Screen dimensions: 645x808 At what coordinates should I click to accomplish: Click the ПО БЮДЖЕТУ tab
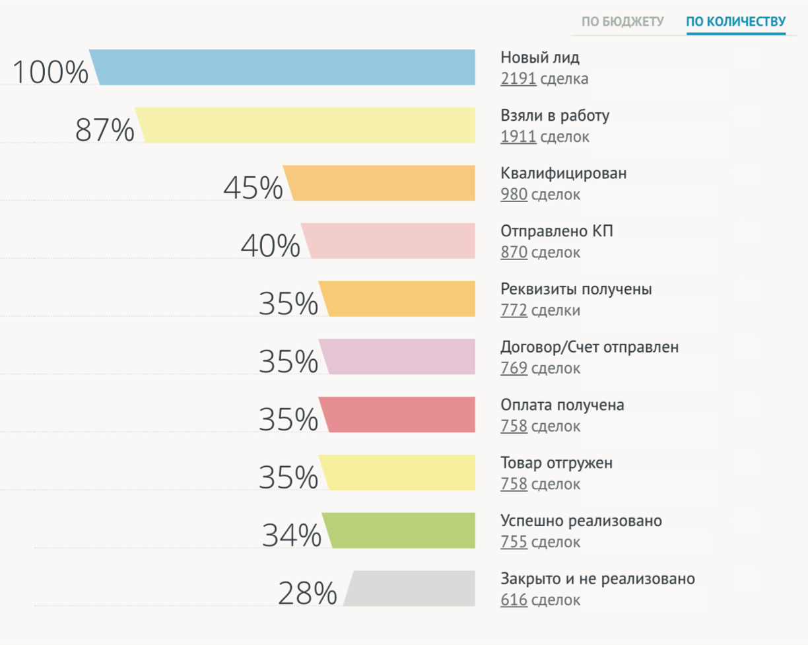point(623,22)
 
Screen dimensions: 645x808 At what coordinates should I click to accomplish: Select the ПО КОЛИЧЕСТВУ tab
point(736,22)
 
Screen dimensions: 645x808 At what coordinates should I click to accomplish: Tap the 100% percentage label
point(50,72)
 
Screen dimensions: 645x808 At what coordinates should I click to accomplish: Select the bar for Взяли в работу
point(308,125)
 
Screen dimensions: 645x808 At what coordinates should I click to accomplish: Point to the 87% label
point(104,130)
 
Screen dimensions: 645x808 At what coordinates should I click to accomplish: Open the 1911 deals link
point(518,137)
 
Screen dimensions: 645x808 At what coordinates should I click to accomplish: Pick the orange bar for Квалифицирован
point(382,183)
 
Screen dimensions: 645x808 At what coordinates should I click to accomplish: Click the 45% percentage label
point(253,188)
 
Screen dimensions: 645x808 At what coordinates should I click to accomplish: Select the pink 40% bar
point(390,240)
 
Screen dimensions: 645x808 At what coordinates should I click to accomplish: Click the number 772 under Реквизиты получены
point(514,310)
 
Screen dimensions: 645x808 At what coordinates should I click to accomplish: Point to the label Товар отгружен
point(556,463)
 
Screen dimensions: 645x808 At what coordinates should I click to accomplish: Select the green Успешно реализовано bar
point(401,530)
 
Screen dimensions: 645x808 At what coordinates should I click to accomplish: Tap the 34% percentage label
point(291,535)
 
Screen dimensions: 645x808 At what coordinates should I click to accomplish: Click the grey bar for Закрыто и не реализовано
point(411,588)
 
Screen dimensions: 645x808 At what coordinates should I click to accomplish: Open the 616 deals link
point(514,600)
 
